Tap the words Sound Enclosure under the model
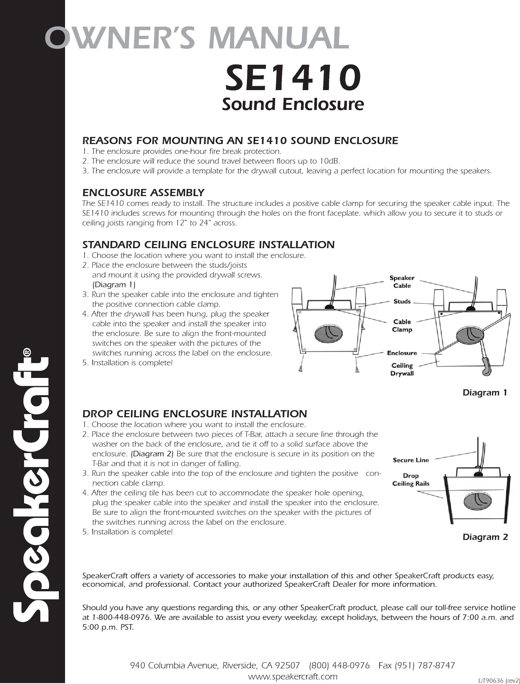(292, 104)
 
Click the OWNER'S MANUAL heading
(197, 37)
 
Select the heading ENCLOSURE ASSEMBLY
(143, 193)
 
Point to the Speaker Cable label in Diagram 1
(402, 282)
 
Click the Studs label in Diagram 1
(402, 302)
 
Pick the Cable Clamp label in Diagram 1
(402, 326)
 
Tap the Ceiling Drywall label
(402, 369)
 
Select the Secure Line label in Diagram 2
(411, 460)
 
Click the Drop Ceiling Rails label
(411, 480)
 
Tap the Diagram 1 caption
(485, 393)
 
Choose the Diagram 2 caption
(485, 537)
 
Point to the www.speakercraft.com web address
(293, 675)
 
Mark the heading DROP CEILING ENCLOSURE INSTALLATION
(194, 414)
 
